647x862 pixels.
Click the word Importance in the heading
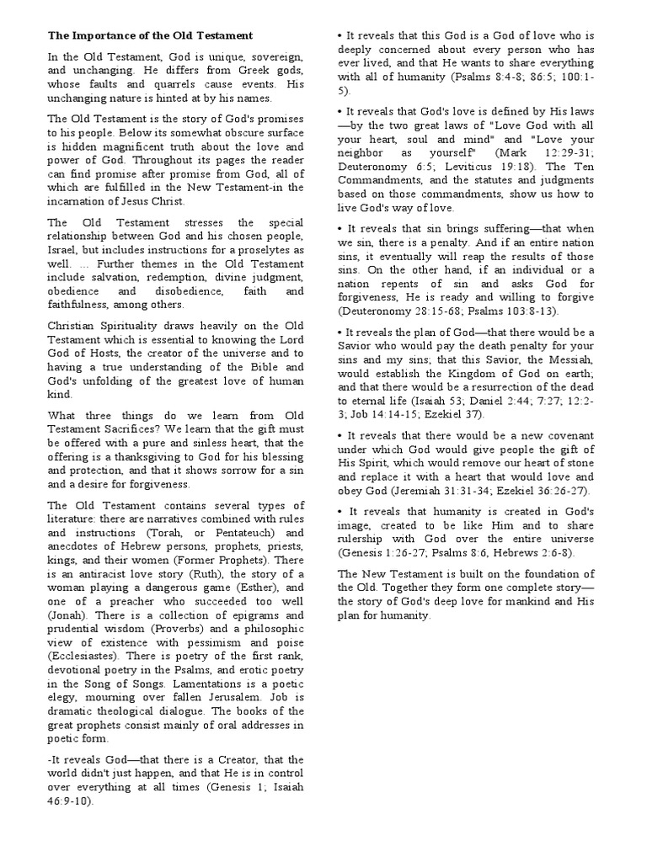click(104, 36)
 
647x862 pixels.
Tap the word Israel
click(64, 250)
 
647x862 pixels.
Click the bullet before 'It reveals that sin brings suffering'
click(340, 228)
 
